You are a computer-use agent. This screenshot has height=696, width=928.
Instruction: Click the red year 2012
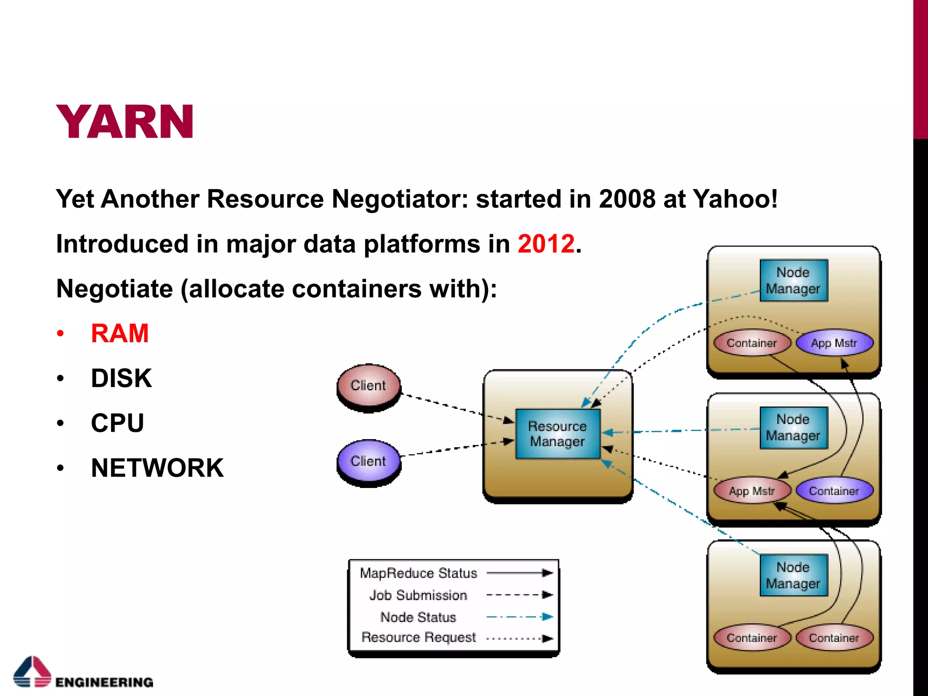[546, 244]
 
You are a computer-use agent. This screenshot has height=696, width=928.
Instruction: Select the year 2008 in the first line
[627, 199]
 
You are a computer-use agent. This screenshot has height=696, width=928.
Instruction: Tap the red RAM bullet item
[120, 333]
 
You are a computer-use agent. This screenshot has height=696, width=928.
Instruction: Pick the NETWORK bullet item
[157, 468]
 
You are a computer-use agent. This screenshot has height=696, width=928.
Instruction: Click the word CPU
[117, 423]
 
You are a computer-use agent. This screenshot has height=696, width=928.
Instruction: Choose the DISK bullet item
[121, 378]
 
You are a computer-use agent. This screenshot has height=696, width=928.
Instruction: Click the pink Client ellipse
[368, 386]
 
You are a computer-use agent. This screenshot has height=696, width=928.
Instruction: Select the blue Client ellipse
[368, 461]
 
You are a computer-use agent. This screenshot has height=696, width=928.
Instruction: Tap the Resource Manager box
[558, 434]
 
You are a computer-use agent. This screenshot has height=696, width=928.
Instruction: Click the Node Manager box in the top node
[793, 280]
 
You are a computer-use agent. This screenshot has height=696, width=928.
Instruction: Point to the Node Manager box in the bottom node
[793, 575]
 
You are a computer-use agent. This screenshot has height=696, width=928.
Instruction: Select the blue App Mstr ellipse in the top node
[834, 343]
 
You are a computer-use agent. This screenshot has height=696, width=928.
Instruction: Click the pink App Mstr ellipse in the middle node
[752, 491]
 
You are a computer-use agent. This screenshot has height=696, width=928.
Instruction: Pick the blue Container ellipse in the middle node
[834, 491]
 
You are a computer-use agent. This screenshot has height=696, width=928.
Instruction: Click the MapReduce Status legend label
[418, 573]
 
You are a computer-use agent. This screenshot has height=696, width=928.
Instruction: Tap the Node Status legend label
[418, 617]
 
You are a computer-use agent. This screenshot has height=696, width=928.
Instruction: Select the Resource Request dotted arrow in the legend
[519, 638]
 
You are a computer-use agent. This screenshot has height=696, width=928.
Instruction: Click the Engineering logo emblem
[32, 672]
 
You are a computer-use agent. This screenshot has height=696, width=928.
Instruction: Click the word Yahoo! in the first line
[735, 199]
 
